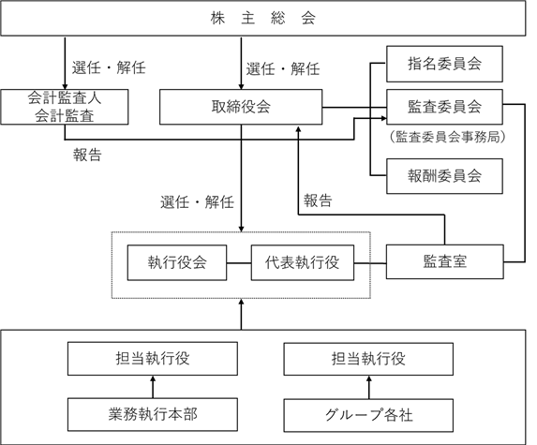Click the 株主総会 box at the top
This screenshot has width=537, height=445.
tap(263, 18)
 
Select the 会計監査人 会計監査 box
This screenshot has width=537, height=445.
tap(65, 107)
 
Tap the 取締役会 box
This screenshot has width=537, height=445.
tap(241, 107)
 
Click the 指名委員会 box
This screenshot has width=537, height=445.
tap(444, 64)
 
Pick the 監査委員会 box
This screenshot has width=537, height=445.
tap(444, 107)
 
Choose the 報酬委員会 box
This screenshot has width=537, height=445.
tap(444, 176)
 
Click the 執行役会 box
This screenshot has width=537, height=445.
tap(177, 262)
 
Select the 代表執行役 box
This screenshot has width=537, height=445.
tap(303, 262)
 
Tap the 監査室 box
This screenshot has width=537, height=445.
tap(445, 262)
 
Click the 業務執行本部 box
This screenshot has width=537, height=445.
tap(153, 414)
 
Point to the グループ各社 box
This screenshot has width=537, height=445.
tap(368, 415)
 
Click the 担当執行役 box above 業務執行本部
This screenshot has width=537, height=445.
tap(153, 359)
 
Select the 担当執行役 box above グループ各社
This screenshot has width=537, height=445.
tap(368, 359)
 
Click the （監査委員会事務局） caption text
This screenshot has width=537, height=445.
tap(447, 137)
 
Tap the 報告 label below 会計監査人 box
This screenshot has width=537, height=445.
tap(87, 156)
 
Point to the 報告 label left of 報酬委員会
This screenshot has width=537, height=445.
tap(318, 200)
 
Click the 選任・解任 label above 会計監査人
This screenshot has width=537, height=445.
tap(109, 67)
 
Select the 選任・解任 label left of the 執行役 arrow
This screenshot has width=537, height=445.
tap(197, 202)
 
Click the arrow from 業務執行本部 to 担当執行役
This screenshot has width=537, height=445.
tap(153, 387)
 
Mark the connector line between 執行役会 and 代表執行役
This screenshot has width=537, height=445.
tap(239, 263)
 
